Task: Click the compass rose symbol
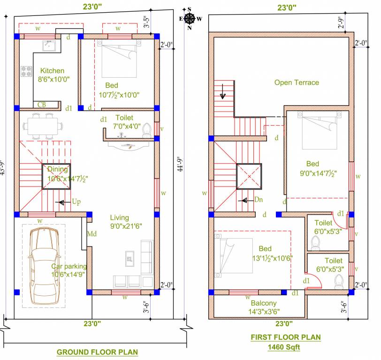pyautogui.click(x=190, y=18)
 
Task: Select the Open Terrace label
pyautogui.click(x=297, y=82)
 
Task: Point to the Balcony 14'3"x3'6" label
pyautogui.click(x=263, y=307)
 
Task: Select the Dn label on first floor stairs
pyautogui.click(x=258, y=200)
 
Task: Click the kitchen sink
pyautogui.click(x=48, y=46)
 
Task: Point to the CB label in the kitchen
pyautogui.click(x=42, y=105)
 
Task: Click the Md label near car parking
pyautogui.click(x=92, y=233)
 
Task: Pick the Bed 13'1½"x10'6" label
pyautogui.click(x=265, y=253)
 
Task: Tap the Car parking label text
pyautogui.click(x=69, y=270)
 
